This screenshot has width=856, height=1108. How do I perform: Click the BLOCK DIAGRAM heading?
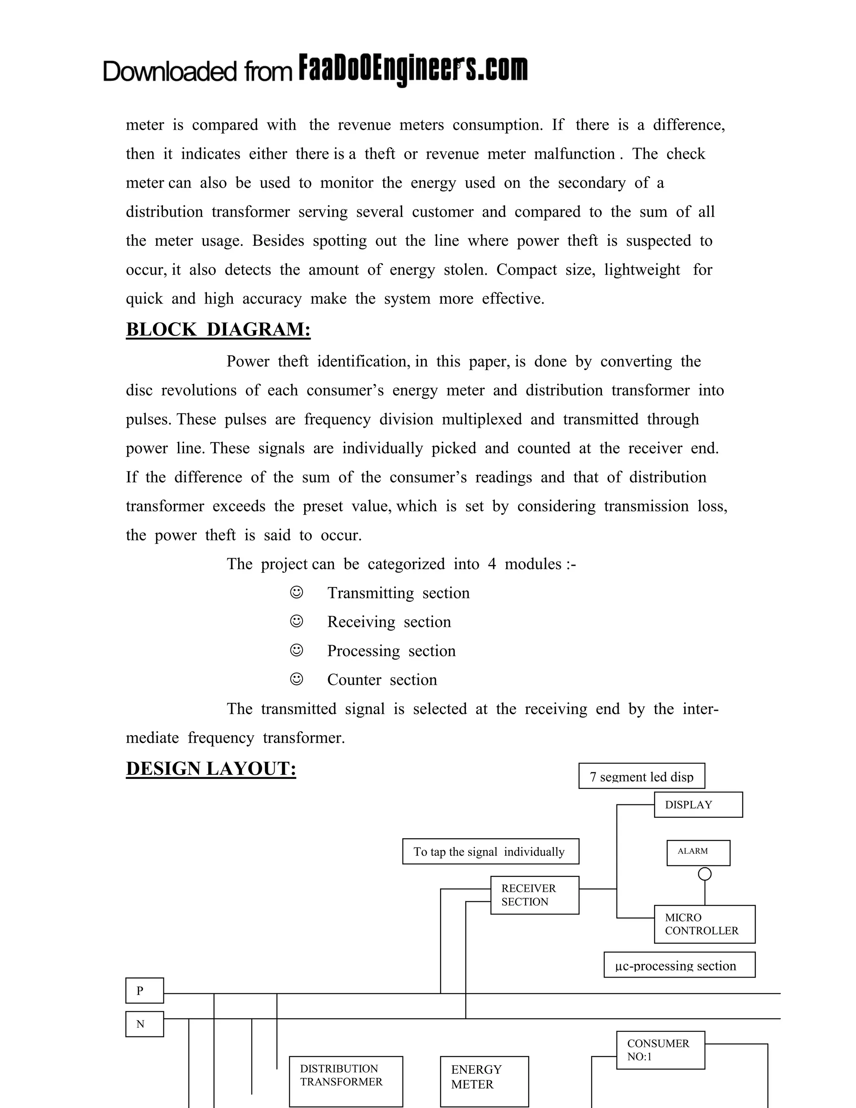click(x=218, y=330)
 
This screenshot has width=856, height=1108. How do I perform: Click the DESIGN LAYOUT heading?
click(x=211, y=768)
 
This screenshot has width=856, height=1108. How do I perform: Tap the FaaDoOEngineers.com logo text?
click(x=413, y=69)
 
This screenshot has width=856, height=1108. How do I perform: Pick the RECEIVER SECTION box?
click(x=535, y=895)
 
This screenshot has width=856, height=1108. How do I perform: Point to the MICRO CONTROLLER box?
click(x=704, y=924)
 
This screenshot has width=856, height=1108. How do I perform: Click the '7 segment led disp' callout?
click(x=642, y=776)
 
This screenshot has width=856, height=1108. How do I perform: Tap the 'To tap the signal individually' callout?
click(x=490, y=851)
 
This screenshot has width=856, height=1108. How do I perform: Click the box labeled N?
click(x=145, y=1024)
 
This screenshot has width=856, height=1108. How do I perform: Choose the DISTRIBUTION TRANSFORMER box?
click(x=346, y=1081)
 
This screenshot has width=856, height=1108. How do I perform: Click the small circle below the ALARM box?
click(x=704, y=873)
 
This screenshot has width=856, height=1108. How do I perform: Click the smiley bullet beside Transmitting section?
click(x=297, y=592)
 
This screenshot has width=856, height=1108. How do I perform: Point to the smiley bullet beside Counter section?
click(x=297, y=679)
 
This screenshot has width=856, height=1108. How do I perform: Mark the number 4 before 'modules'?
click(x=492, y=564)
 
